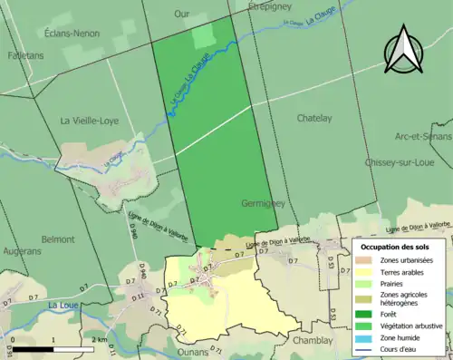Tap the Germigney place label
click(x=265, y=204)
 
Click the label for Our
click(x=182, y=15)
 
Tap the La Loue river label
click(x=65, y=306)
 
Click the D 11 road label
click(x=140, y=296)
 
